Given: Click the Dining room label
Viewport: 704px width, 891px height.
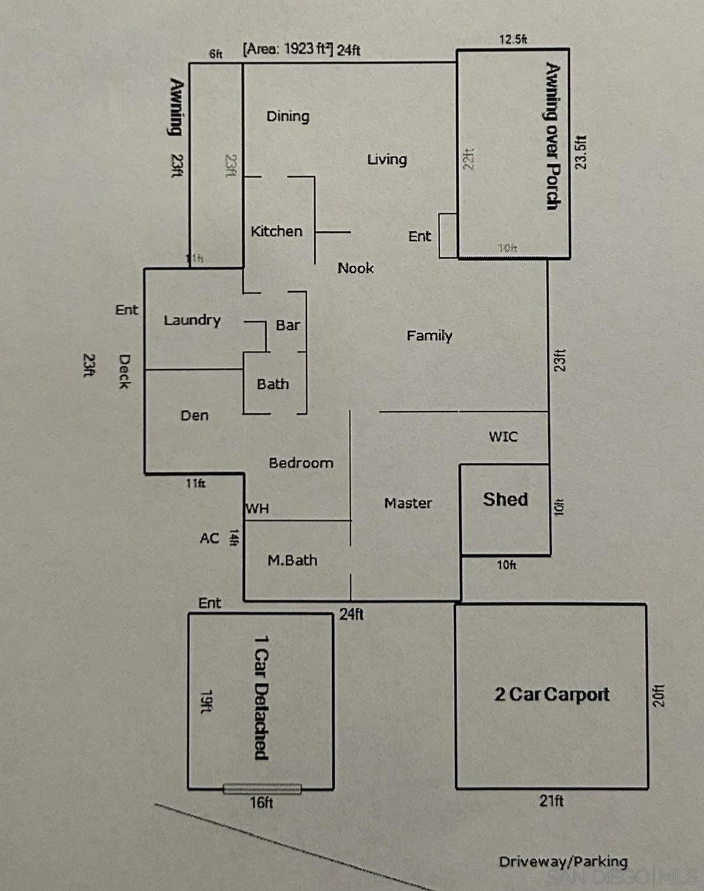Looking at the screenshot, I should (x=287, y=117).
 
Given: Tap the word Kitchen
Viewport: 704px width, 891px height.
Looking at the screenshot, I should (x=276, y=231).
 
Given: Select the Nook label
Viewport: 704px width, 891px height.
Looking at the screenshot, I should (x=356, y=268).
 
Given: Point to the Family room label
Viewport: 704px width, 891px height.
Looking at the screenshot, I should (x=429, y=336).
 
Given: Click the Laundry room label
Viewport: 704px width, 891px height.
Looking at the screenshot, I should (x=192, y=320).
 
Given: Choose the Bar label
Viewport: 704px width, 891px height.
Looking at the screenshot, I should (x=287, y=325).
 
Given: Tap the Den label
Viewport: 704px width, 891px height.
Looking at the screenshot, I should (x=195, y=416).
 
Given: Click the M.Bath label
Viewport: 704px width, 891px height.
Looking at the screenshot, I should (x=292, y=560).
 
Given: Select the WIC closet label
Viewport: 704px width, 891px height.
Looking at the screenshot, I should (x=503, y=437).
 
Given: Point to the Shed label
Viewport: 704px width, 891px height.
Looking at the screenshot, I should (x=505, y=500).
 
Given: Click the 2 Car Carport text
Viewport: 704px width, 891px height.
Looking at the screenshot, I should (x=551, y=695).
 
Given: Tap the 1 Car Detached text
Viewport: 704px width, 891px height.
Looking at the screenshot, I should (x=261, y=697).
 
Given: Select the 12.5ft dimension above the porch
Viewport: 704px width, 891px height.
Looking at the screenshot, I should (x=513, y=39).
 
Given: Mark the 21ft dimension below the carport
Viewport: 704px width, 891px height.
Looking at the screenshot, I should (x=551, y=801).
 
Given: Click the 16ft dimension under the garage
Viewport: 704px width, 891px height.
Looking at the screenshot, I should (x=261, y=803).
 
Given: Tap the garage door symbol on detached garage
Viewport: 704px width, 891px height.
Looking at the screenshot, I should (x=262, y=789).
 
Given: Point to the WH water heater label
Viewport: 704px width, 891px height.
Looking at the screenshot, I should (x=257, y=509).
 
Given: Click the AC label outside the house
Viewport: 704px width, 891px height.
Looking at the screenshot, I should (x=209, y=538).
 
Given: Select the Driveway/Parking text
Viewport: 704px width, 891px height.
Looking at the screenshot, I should (x=563, y=862).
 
